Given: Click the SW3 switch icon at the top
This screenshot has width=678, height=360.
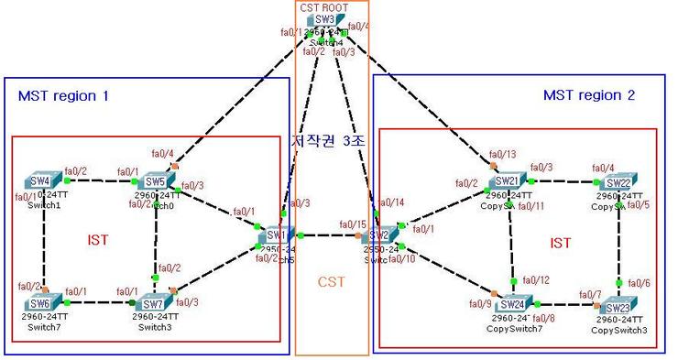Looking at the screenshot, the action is point(324,19).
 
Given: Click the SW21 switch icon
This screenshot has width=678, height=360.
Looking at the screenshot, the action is point(508,180).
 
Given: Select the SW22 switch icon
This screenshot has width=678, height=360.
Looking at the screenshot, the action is point(619,181).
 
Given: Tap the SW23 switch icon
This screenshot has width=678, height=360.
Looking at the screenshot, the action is point(619,305).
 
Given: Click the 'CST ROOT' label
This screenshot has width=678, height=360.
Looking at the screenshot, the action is point(321,6).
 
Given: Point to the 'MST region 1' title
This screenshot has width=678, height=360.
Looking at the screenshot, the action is point(63,94).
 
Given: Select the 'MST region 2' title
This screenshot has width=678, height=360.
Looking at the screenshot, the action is point(589,94).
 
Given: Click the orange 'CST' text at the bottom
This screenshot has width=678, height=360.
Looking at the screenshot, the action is point(331,282).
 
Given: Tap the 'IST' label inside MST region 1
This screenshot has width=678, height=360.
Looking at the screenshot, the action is point(96,240).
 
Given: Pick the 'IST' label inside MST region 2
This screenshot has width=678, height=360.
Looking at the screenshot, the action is point(561,243).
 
